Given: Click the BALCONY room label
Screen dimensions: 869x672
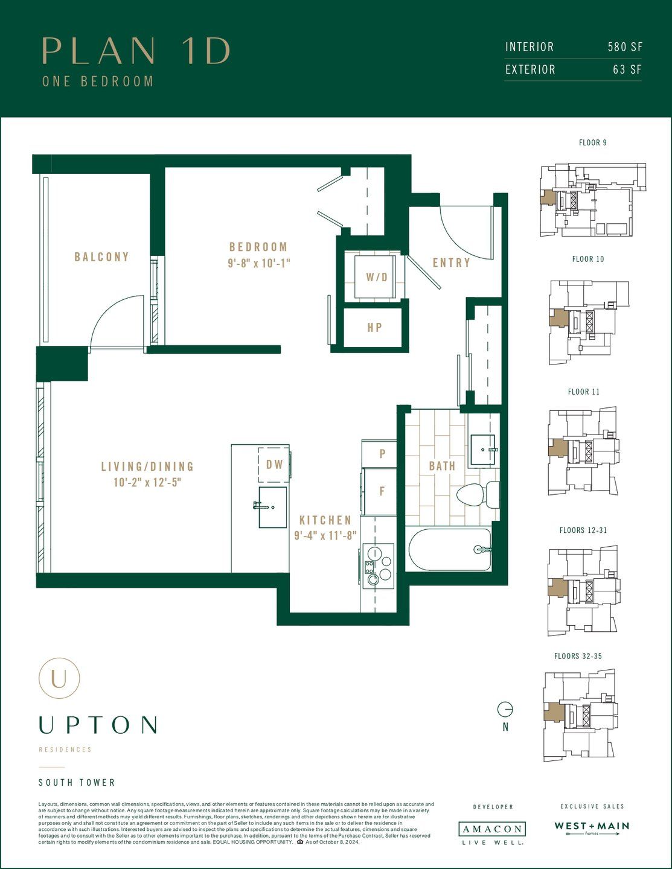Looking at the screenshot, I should point(101,257).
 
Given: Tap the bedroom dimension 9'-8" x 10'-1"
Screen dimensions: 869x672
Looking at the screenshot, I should point(259,264).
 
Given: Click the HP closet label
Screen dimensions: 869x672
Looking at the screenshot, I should point(374,328).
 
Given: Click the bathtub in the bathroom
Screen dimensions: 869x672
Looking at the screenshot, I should point(450,549).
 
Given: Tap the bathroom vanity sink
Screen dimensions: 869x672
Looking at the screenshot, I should point(482,450).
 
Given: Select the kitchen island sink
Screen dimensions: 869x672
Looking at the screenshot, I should point(272,507).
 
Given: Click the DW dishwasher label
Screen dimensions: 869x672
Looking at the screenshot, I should point(275,465).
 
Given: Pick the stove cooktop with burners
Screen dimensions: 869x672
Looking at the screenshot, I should point(378,565).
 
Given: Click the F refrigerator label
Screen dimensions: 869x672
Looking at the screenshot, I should point(382,491).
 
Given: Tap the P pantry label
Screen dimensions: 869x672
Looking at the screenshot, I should point(382,454).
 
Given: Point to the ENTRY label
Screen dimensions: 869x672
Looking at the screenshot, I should point(451,263).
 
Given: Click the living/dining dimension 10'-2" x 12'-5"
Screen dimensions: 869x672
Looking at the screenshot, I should point(147,483).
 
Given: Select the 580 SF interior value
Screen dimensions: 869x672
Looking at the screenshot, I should point(625,47).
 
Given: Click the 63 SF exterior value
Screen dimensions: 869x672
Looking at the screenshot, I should point(627,69).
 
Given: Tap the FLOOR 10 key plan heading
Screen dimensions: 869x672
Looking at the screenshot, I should point(588,259).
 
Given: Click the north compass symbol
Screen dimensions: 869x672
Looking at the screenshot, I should point(505,709).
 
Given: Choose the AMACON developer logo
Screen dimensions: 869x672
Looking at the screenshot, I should point(492,829).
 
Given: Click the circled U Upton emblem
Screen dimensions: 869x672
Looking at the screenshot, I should point(59,678).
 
